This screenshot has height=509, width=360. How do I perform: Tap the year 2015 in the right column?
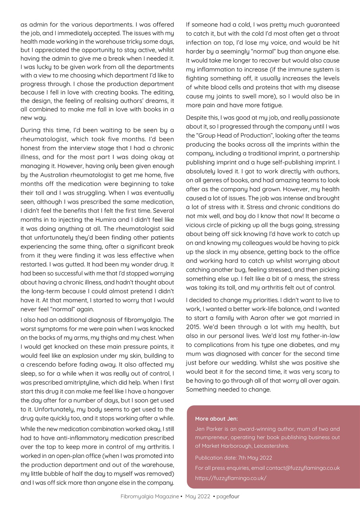click(x=193, y=326)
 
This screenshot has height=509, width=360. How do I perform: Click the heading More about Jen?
click(x=216, y=418)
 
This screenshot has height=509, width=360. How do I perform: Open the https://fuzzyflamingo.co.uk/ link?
click(x=231, y=478)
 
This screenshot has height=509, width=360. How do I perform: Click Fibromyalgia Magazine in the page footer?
click(x=150, y=496)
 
